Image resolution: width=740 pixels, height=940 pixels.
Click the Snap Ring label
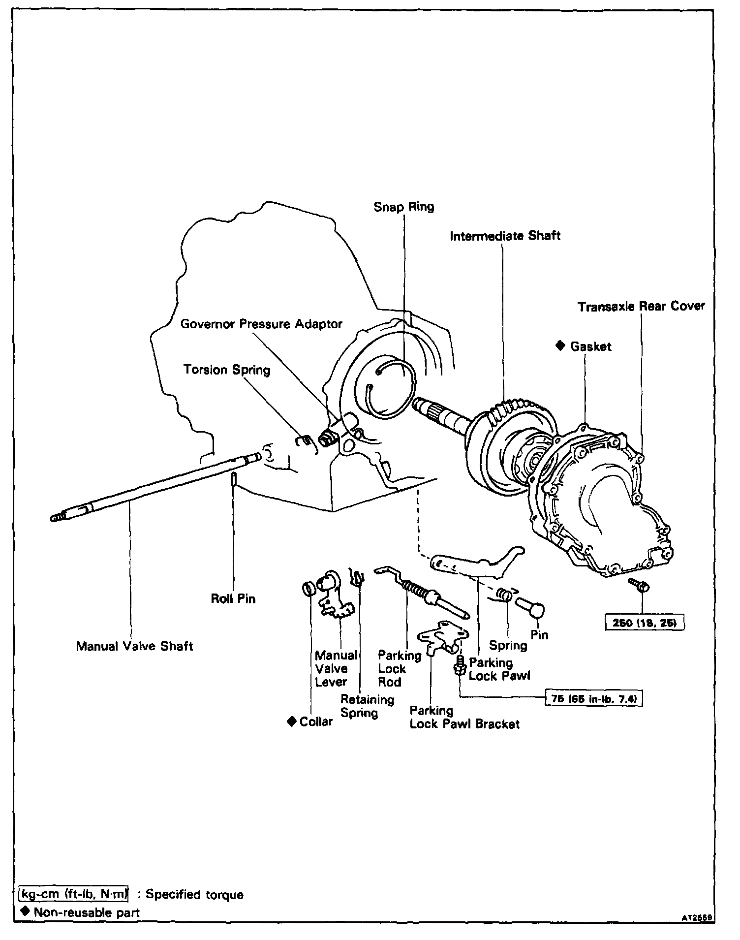click(403, 207)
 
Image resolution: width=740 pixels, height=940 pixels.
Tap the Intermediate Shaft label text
click(505, 236)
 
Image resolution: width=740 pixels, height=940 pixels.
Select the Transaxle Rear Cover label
click(641, 307)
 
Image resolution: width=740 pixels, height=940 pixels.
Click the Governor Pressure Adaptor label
click(261, 324)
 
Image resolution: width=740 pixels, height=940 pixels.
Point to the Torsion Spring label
click(227, 370)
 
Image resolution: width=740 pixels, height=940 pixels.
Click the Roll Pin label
click(233, 598)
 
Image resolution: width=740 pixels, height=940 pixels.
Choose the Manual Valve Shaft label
click(134, 646)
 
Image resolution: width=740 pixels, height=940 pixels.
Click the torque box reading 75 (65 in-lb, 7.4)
click(594, 698)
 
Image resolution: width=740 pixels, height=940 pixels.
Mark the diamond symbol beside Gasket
click(560, 346)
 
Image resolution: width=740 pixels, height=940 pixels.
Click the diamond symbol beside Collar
click(291, 721)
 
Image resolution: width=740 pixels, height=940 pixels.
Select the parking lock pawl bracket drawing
click(442, 637)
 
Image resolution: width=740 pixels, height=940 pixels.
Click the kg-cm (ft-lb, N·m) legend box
click(74, 894)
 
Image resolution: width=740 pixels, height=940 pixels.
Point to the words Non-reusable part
click(87, 912)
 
